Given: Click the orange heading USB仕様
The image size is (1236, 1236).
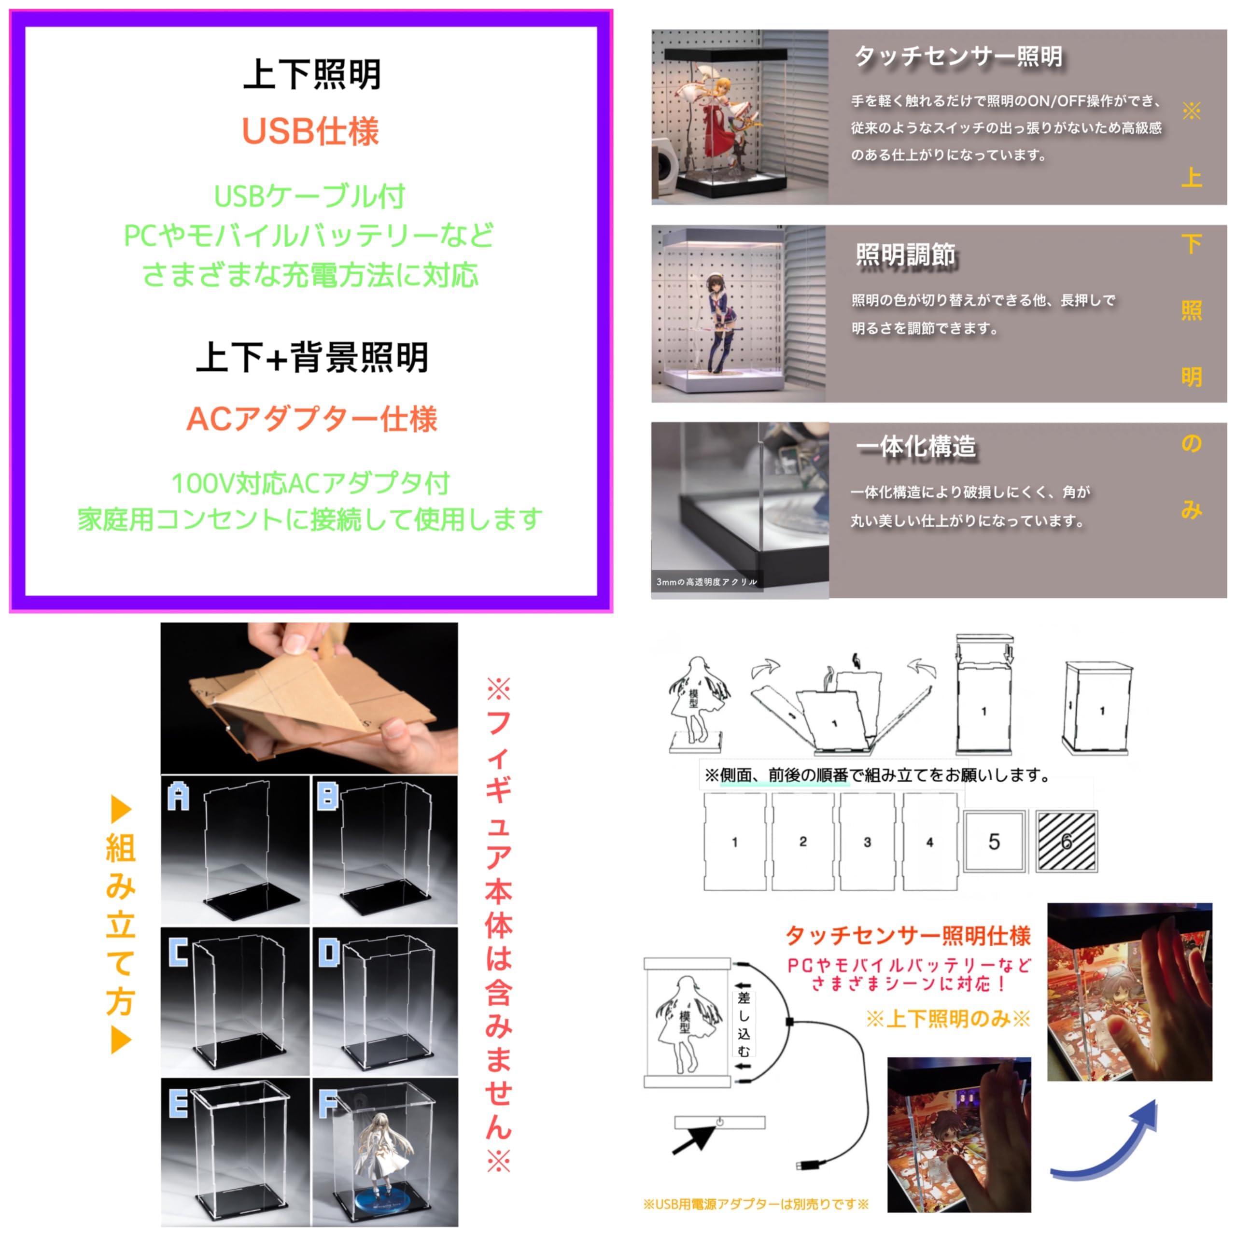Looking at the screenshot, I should tap(310, 132).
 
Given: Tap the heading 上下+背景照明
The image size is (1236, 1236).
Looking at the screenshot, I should tap(312, 357).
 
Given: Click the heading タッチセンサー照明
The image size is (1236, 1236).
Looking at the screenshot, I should tap(958, 56).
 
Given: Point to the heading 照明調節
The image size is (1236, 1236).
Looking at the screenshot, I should tap(905, 254).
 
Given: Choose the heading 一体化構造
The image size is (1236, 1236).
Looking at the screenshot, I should tap(916, 447).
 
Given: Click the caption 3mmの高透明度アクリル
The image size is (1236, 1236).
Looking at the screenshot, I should tap(706, 581).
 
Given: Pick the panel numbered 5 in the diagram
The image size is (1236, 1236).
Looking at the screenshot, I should tap(994, 841).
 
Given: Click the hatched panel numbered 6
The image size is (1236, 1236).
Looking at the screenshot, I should tap(1067, 841).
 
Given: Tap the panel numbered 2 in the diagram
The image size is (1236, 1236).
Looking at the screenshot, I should tap(803, 841).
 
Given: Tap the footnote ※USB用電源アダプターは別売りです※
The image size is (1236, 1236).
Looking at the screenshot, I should tap(756, 1204).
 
